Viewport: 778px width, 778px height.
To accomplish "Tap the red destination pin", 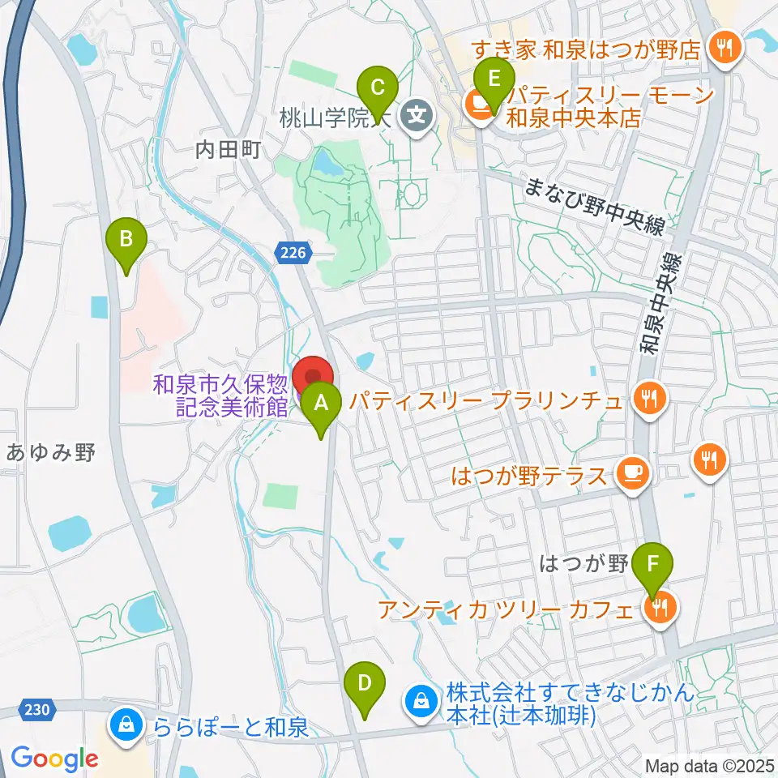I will (313, 378).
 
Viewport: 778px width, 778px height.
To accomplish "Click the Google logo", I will (54, 759).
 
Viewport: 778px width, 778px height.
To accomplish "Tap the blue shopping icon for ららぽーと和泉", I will (126, 724).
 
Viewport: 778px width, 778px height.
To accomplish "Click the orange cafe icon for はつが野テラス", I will (632, 473).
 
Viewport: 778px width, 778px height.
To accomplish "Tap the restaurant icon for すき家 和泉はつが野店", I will (720, 48).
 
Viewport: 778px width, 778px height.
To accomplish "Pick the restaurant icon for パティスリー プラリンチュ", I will (648, 399).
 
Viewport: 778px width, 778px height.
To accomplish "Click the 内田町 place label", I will (229, 149).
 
